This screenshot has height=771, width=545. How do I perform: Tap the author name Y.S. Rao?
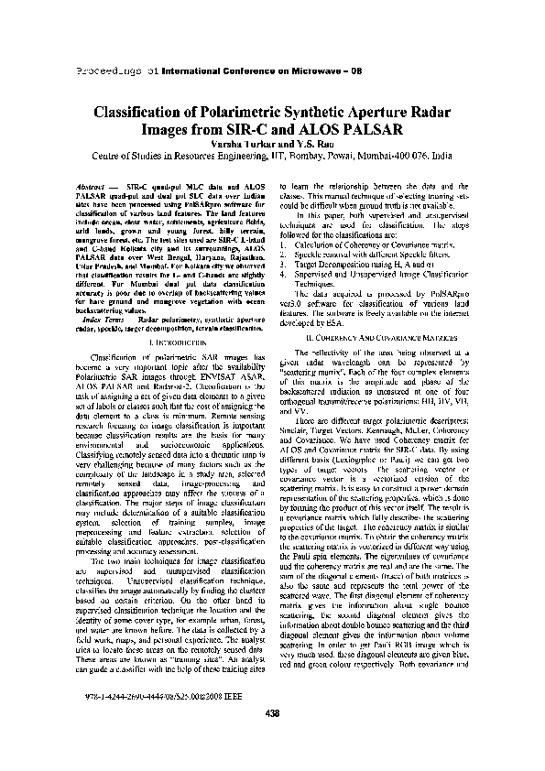pyautogui.click(x=307, y=143)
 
